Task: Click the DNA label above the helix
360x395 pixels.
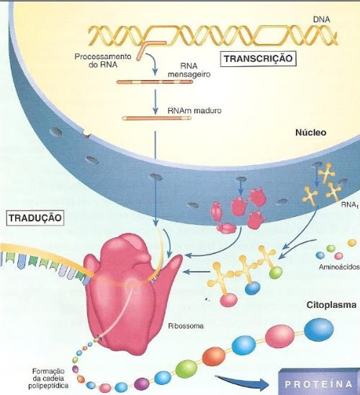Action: (321, 19)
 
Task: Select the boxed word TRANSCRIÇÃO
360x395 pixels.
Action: (258, 58)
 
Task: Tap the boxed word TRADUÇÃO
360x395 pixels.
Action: (35, 218)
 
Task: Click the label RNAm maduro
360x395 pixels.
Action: (194, 110)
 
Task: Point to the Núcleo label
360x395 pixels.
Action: (311, 133)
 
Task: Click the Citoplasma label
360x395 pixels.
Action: (331, 305)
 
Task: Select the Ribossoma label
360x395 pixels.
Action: (186, 326)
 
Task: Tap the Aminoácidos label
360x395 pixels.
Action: (339, 267)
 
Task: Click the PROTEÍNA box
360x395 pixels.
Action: (319, 382)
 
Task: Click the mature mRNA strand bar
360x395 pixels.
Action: (156, 118)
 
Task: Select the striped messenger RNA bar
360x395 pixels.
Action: (155, 82)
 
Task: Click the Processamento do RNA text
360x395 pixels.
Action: (103, 61)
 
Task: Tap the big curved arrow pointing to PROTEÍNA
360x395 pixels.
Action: (241, 382)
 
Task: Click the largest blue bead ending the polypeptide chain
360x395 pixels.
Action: (319, 329)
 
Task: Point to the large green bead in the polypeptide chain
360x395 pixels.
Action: (186, 369)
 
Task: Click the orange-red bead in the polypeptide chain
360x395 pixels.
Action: (214, 357)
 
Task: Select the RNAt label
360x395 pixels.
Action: (349, 205)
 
